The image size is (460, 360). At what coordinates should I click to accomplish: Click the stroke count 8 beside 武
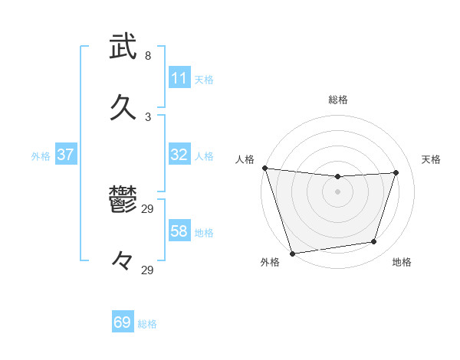(148, 56)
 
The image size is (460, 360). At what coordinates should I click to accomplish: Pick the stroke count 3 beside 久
(148, 116)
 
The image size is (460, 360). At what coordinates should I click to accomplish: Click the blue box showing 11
(179, 78)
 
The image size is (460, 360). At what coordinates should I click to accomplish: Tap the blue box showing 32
(179, 155)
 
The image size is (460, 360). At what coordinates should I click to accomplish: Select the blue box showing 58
(179, 231)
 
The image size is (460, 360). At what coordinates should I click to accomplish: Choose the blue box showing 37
(65, 155)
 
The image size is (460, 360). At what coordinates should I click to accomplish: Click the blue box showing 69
(123, 322)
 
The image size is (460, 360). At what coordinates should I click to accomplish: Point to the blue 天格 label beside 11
(204, 80)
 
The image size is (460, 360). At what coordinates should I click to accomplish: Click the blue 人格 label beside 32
(204, 156)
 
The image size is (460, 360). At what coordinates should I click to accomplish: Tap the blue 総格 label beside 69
(147, 324)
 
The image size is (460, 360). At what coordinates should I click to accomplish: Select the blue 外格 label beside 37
(41, 156)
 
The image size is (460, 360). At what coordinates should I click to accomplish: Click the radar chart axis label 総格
(338, 100)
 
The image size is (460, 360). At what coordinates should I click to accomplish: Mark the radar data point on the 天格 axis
(396, 172)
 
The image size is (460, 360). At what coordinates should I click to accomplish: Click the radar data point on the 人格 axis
(264, 168)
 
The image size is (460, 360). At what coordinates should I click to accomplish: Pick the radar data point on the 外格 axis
(292, 253)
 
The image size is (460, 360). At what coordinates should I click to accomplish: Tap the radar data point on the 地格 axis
(374, 242)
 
